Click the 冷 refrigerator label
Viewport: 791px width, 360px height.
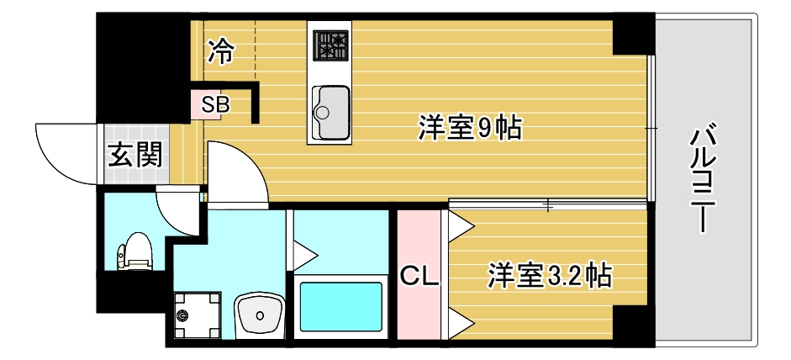pyautogui.click(x=221, y=51)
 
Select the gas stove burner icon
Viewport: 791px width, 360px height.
pyautogui.click(x=331, y=45)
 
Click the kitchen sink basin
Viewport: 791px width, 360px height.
pyautogui.click(x=330, y=113)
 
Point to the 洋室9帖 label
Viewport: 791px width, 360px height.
pyautogui.click(x=470, y=130)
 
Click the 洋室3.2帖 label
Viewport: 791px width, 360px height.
pyautogui.click(x=549, y=275)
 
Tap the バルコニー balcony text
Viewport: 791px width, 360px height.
pyautogui.click(x=704, y=179)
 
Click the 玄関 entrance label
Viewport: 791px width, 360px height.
pyautogui.click(x=134, y=156)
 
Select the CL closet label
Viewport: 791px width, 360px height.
pyautogui.click(x=418, y=276)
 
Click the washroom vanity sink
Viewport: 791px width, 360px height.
pyautogui.click(x=261, y=317)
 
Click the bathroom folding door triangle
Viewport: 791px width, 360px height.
pyautogui.click(x=304, y=252)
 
